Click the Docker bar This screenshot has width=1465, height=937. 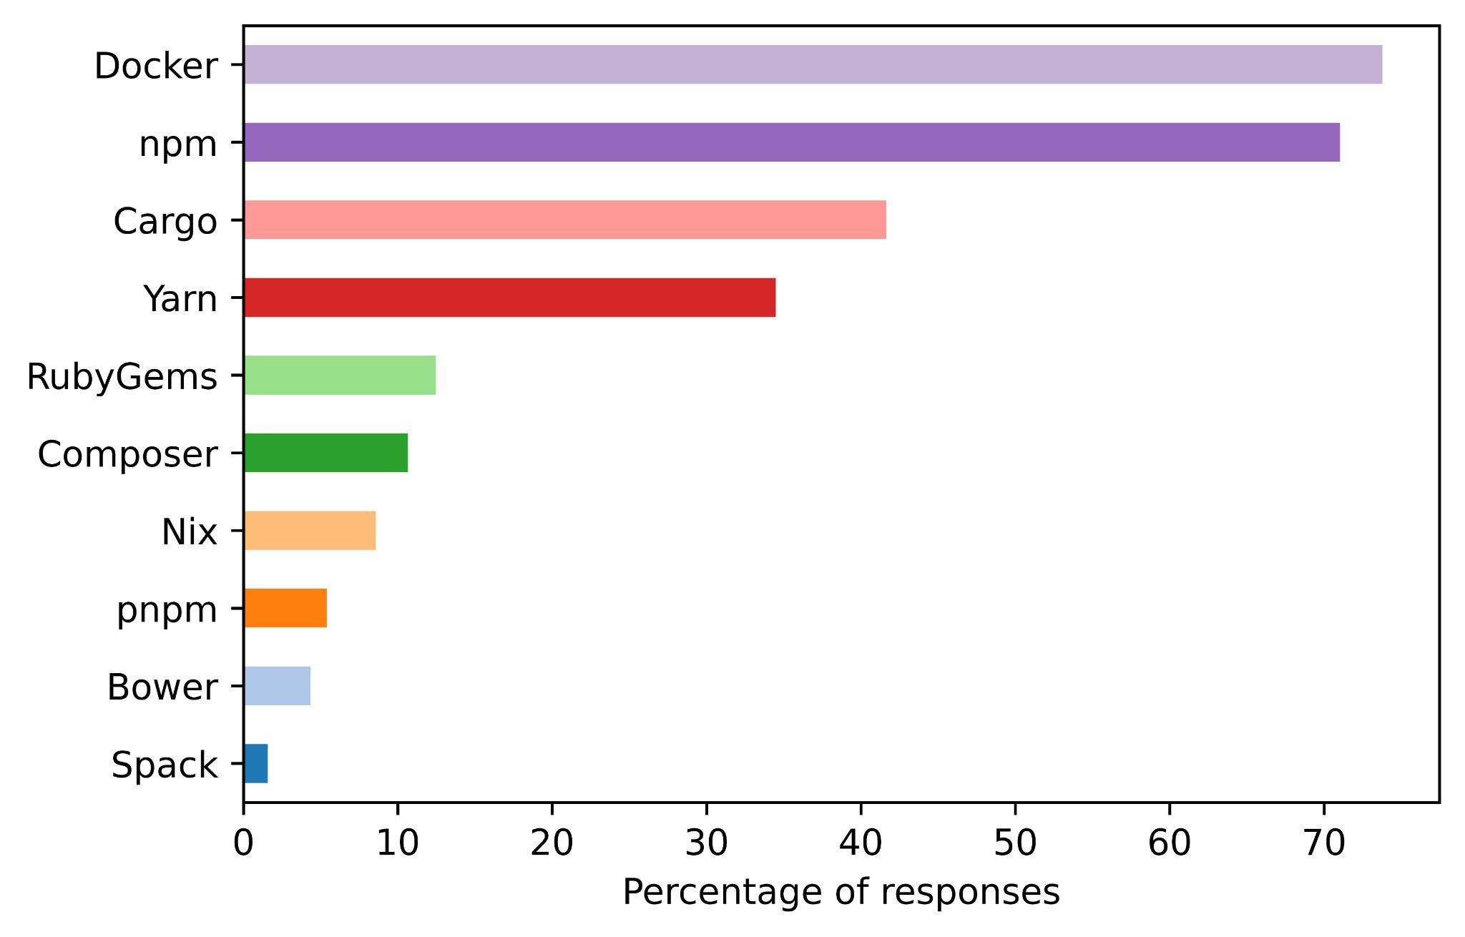813,64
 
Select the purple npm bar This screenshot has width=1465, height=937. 791,142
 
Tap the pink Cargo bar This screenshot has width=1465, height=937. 565,220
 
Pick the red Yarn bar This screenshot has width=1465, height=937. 509,298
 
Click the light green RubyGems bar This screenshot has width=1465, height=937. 340,375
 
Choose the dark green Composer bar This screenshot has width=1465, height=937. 325,453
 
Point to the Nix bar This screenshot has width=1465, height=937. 310,531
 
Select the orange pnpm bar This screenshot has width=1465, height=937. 285,608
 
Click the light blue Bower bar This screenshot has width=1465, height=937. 277,686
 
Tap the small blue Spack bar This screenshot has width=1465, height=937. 255,763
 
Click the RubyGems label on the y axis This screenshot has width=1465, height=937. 122,377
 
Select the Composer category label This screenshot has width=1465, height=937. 127,454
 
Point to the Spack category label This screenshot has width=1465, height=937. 164,765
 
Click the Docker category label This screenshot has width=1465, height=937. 156,67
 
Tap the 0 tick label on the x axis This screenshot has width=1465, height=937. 243,844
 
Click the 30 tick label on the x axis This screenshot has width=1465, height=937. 706,844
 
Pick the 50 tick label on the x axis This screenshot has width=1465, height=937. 1015,844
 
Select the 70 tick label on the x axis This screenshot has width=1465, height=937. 1324,844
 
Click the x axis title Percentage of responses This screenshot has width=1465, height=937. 841,893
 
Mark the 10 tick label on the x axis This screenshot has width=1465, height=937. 398,844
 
